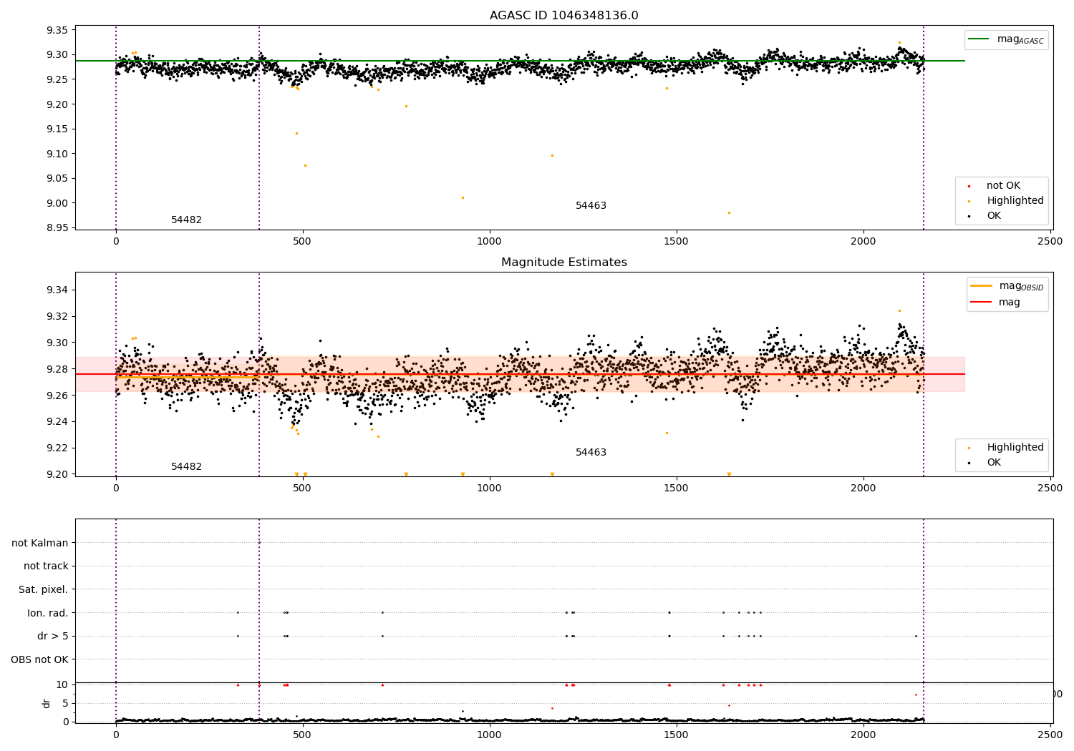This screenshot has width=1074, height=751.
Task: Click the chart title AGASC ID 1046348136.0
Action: pos(563,16)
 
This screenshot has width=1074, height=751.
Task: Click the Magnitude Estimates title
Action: pos(563,262)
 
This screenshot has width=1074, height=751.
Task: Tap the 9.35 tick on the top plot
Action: pos(57,30)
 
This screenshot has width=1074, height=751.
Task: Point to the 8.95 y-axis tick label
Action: pos(57,227)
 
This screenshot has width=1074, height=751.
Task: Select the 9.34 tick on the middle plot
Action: pos(57,290)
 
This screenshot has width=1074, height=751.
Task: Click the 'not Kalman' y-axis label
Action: pos(40,543)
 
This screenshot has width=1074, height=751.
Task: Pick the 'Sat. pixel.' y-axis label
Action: pos(43,589)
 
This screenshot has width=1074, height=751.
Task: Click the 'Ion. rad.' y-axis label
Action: pos(47,613)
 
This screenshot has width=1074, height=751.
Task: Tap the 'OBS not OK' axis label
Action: pos(39,659)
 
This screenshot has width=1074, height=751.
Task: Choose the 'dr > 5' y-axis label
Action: pos(52,636)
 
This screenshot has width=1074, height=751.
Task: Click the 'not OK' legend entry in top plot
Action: pos(1002,186)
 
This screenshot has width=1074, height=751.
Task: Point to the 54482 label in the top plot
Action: pos(186,220)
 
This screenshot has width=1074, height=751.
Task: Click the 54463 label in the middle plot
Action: pos(591,453)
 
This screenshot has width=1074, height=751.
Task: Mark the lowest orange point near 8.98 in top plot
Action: pos(729,212)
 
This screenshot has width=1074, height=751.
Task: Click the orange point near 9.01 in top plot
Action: pos(463,197)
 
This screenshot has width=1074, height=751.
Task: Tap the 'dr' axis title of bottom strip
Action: pos(47,703)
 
